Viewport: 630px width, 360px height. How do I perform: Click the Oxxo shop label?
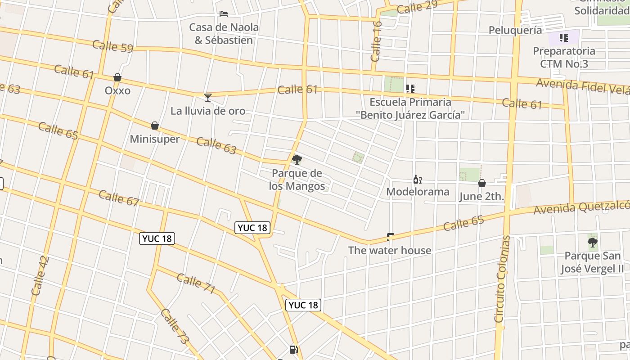pyautogui.click(x=117, y=90)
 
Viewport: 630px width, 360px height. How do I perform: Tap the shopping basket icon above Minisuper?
pyautogui.click(x=155, y=125)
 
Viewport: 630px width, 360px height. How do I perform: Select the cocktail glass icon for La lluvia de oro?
pyautogui.click(x=207, y=97)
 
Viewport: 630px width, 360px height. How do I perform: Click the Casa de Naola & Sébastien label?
pyautogui.click(x=224, y=33)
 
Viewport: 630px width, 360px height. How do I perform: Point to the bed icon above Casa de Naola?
pyautogui.click(x=223, y=14)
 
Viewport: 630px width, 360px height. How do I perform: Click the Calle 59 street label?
pyautogui.click(x=112, y=46)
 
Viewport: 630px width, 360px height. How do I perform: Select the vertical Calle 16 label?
pyautogui.click(x=377, y=41)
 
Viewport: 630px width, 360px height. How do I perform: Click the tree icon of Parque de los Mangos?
pyautogui.click(x=297, y=159)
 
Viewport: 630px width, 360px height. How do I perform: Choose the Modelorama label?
pyautogui.click(x=418, y=192)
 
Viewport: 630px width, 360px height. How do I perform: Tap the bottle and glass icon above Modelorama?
pyautogui.click(x=417, y=180)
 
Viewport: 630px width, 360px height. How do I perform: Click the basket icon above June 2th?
pyautogui.click(x=481, y=183)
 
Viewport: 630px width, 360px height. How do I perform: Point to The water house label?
pyautogui.click(x=390, y=250)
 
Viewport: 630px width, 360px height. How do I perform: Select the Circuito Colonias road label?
pyautogui.click(x=503, y=279)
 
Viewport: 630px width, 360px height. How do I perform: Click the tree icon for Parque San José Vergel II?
pyautogui.click(x=593, y=243)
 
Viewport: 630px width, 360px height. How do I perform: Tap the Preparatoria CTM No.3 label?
pyautogui.click(x=564, y=57)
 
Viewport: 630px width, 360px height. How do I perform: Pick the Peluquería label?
pyautogui.click(x=515, y=30)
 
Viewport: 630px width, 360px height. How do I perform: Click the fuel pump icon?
pyautogui.click(x=293, y=349)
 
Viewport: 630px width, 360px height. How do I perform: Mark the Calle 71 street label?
pyautogui.click(x=196, y=283)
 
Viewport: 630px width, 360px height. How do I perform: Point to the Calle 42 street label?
pyautogui.click(x=40, y=275)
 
